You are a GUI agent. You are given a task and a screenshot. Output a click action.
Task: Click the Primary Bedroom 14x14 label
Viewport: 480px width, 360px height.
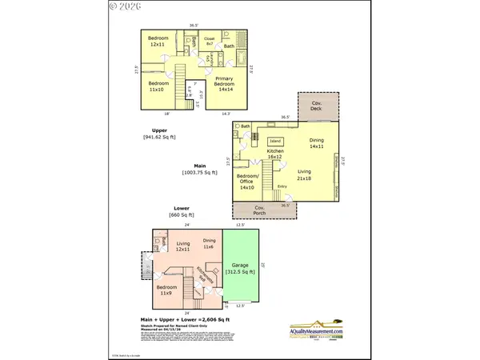tap(225, 85)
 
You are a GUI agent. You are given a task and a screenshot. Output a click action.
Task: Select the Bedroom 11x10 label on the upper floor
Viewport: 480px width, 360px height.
tap(159, 86)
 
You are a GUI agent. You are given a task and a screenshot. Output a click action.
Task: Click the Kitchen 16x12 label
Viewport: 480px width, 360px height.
tap(275, 154)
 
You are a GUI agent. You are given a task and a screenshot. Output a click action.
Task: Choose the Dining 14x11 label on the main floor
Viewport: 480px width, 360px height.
tap(317, 143)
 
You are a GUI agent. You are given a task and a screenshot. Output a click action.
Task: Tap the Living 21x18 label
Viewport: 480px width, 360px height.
tap(304, 174)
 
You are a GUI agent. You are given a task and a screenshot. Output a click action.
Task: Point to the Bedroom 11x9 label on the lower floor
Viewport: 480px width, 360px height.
tap(167, 291)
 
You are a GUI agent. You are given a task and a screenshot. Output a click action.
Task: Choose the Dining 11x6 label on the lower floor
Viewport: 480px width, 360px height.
tap(209, 244)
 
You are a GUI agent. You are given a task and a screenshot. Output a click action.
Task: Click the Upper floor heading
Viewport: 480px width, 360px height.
tap(159, 130)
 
